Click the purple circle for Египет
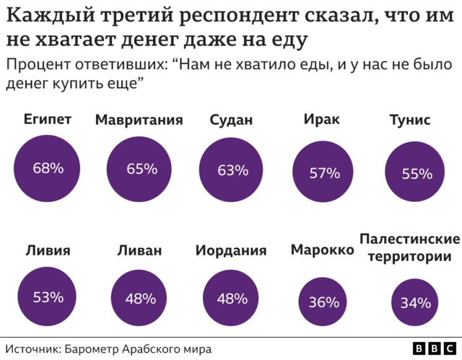pos(48,169)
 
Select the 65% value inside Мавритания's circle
pos(141,170)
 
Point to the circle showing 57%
pos(324,173)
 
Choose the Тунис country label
pos(409,120)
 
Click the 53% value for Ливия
pos(48,297)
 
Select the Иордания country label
pos(231,251)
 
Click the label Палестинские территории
pos(409,247)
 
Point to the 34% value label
pos(415,303)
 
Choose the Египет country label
pos(48,119)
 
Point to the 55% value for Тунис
pos(417,174)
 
